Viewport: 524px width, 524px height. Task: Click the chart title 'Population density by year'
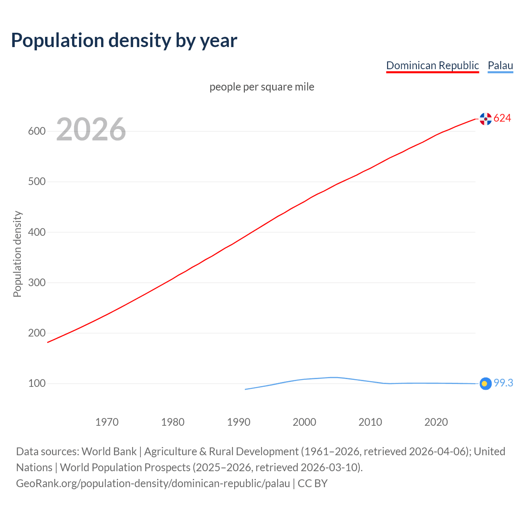pos(124,40)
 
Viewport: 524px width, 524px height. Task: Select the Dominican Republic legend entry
pos(432,65)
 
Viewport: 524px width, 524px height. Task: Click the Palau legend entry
pos(500,65)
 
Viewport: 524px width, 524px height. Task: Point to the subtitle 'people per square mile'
pos(262,87)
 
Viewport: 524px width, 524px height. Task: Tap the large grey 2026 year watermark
pos(91,129)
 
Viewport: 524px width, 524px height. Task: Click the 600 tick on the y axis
pos(36,131)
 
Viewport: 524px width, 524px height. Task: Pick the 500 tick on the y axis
pos(36,182)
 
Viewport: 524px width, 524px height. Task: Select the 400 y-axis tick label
pos(36,232)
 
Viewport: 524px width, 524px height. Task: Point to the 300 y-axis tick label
pos(36,282)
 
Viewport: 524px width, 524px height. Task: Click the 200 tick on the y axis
pos(36,333)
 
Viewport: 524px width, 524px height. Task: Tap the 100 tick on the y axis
pos(36,384)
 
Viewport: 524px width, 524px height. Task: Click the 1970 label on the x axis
pos(107,422)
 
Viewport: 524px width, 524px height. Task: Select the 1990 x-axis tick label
pos(239,422)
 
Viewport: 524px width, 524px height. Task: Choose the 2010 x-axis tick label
pos(370,422)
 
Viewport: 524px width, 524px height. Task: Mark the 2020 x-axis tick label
pos(436,422)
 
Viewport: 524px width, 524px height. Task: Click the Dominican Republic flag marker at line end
pos(486,119)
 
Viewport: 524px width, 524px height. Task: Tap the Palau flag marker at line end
pos(485,384)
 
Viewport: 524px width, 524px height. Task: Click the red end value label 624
pos(502,118)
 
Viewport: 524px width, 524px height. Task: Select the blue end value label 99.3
pos(503,383)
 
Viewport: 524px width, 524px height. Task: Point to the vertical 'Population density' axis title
pos(17,254)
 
